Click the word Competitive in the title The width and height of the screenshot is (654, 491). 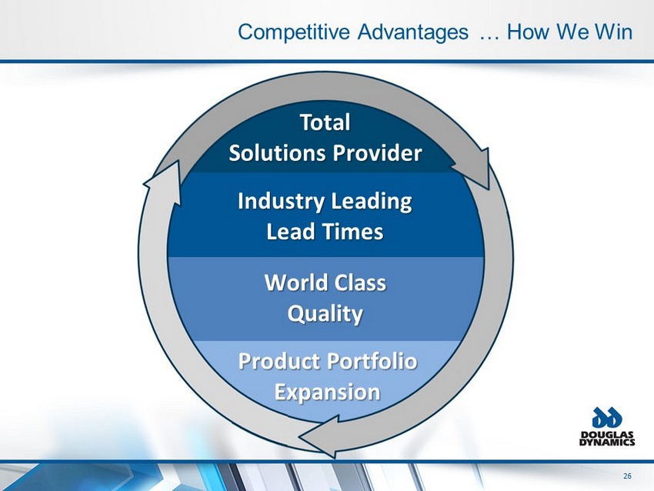click(294, 32)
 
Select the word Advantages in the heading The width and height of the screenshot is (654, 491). click(413, 32)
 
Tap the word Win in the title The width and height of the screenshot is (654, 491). click(613, 32)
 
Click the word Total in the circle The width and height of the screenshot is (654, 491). click(325, 122)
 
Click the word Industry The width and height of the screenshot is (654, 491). click(281, 202)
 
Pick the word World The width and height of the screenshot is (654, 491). click(296, 282)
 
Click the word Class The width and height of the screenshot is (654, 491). click(360, 282)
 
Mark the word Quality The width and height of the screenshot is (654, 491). click(325, 314)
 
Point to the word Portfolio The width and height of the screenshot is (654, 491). click(373, 361)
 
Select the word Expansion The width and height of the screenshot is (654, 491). click(327, 392)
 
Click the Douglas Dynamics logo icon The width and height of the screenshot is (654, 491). click(607, 418)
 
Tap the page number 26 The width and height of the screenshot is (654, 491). click(627, 476)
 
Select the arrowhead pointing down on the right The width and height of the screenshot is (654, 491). click(473, 168)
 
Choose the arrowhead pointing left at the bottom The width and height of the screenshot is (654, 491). click(320, 436)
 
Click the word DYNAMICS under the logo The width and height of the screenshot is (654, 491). click(607, 443)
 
